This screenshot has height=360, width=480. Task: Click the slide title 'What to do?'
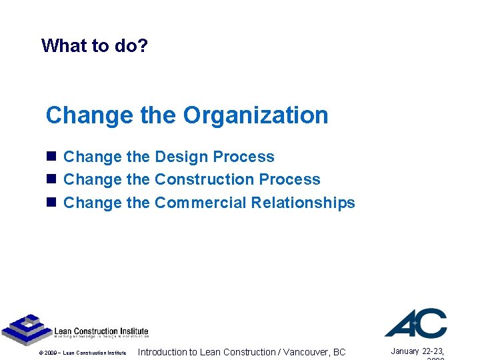94,45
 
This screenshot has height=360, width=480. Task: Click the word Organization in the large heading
255,115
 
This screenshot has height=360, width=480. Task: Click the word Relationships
303,203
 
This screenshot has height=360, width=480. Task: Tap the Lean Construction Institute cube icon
25,329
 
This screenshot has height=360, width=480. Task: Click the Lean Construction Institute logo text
101,332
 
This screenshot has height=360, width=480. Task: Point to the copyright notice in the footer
82,353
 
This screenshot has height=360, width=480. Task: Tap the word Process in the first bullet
246,157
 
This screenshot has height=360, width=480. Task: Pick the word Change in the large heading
89,115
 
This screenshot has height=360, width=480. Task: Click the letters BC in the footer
339,352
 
